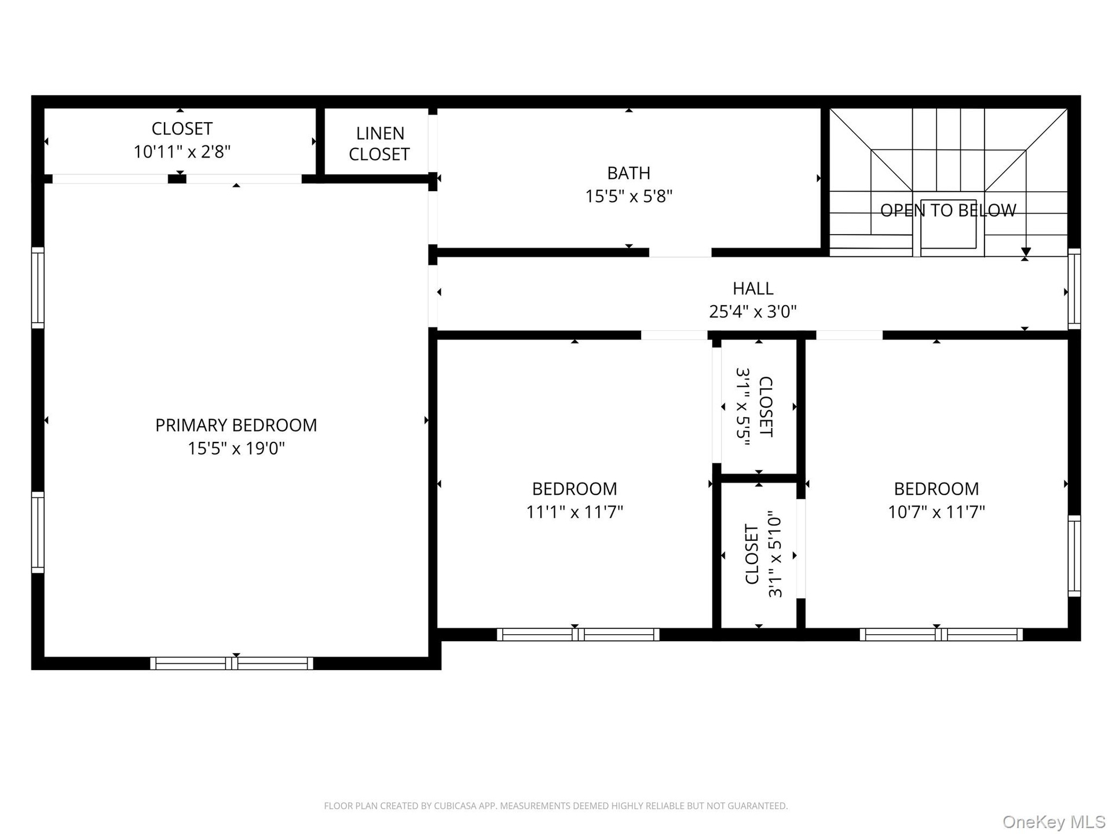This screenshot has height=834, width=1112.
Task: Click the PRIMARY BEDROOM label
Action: pos(236,425)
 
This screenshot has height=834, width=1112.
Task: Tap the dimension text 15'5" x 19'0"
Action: pos(236,448)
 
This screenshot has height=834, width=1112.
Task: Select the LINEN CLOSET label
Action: pos(379,144)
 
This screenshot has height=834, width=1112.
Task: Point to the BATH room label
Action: pos(628,173)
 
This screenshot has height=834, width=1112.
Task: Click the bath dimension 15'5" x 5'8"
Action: pos(628,196)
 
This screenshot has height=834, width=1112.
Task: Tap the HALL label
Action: pos(753,288)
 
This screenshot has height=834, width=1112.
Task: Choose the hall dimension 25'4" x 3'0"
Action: pos(753,312)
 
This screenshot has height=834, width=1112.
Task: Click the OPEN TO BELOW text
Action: pos(948,210)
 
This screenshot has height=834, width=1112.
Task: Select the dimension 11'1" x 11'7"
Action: pos(575,512)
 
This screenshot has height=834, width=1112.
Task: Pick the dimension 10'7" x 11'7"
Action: pos(937,512)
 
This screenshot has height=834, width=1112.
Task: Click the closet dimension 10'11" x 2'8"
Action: pos(182,152)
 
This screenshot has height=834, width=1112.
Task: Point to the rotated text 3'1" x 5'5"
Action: pos(743,407)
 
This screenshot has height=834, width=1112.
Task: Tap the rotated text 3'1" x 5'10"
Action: pos(775,554)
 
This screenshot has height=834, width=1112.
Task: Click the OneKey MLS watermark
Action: pos(1054,822)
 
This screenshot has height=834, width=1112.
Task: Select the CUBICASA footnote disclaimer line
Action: pos(556,806)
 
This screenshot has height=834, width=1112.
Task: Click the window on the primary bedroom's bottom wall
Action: pos(232,663)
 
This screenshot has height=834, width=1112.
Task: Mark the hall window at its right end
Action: pos(1074,289)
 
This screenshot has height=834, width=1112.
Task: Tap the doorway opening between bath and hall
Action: pos(680,253)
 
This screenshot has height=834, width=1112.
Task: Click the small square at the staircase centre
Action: pos(948,224)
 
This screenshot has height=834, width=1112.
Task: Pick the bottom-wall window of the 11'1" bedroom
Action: pos(578,634)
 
